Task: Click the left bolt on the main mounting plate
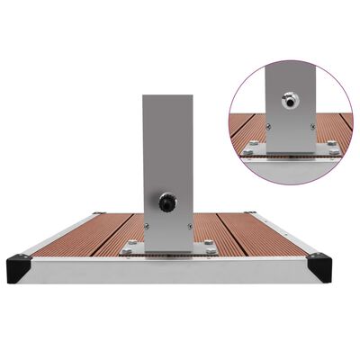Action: pyautogui.click(x=133, y=244)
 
